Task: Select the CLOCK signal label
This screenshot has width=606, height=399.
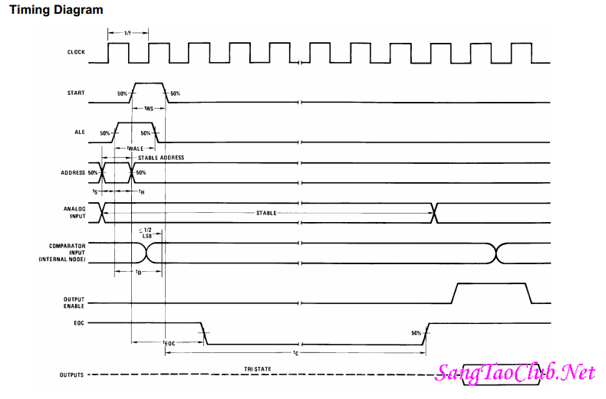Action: coord(76,53)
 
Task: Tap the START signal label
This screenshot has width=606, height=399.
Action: coord(76,93)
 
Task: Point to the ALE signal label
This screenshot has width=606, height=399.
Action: coord(81,132)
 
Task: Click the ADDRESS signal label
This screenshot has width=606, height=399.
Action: coord(73,172)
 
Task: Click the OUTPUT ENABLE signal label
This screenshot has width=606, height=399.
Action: coord(74,302)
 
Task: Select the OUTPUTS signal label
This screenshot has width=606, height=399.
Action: coord(73,375)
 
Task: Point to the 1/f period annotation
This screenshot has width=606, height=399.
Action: coord(127,32)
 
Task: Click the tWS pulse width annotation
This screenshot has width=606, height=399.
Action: coord(148,109)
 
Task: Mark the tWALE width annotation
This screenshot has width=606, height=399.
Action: coord(136,148)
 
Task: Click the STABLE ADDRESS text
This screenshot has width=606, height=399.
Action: coord(160,158)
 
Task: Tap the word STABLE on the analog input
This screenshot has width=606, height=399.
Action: coord(266,213)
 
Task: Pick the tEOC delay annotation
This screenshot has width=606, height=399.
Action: coord(170,343)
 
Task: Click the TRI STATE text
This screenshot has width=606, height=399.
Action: coord(257,369)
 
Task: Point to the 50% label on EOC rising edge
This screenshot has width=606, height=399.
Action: coord(416,333)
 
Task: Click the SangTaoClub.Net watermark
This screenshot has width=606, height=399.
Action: coord(515,373)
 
